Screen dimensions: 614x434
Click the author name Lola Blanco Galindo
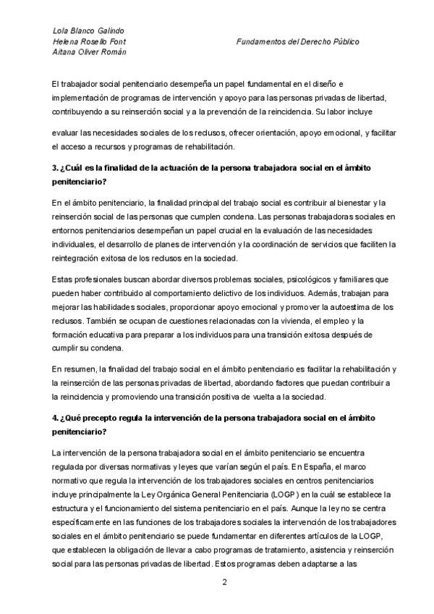tap(88, 31)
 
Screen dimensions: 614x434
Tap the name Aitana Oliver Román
tap(89, 54)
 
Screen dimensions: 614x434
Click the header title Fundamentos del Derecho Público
tap(297, 42)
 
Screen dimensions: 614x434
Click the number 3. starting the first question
tap(56, 168)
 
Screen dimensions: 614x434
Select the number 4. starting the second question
tap(56, 419)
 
